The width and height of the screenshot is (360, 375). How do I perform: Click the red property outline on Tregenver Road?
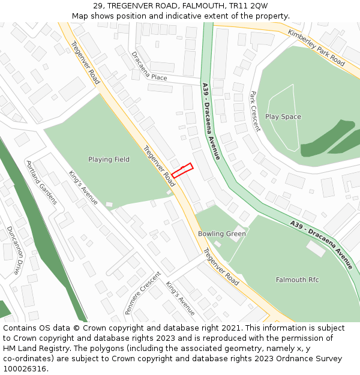(182, 170)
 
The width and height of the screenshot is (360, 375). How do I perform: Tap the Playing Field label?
(109, 160)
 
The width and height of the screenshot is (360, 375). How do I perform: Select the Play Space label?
(283, 117)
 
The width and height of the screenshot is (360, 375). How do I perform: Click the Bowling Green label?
(222, 233)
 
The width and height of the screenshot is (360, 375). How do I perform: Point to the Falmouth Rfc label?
(297, 280)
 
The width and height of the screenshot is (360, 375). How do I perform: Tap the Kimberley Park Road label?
(316, 47)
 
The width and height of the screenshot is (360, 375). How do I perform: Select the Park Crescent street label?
(255, 111)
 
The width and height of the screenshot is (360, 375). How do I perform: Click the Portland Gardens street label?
(41, 182)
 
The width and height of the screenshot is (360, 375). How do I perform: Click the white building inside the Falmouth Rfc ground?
(316, 248)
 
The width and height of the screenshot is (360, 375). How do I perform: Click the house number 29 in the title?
(98, 5)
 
